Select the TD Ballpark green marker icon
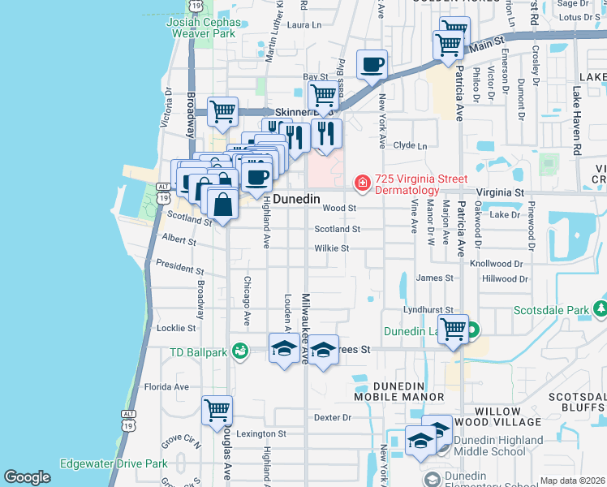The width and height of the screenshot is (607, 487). [x=239, y=350]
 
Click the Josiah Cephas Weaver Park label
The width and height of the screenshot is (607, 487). [x=200, y=28]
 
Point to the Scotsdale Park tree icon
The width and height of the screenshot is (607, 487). [x=600, y=309]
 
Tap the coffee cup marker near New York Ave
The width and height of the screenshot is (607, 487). [x=372, y=65]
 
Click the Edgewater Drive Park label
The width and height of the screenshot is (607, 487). [x=114, y=464]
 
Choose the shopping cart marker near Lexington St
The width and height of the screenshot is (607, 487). [x=217, y=411]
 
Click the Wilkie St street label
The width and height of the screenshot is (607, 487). [x=332, y=248]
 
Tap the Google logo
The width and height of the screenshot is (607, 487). [x=27, y=476]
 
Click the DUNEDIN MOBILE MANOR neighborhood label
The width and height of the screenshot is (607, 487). [x=398, y=390]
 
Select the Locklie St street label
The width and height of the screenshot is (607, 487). [x=176, y=329]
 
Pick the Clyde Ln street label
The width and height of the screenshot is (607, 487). [x=410, y=146]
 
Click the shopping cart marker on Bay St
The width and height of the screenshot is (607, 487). [x=323, y=96]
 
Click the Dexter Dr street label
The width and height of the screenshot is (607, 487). [x=333, y=417]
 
